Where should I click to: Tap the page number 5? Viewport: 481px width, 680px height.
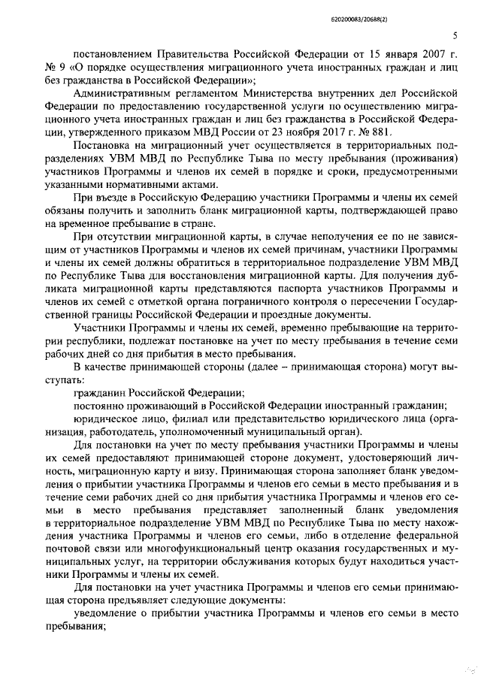pos(455,35)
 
